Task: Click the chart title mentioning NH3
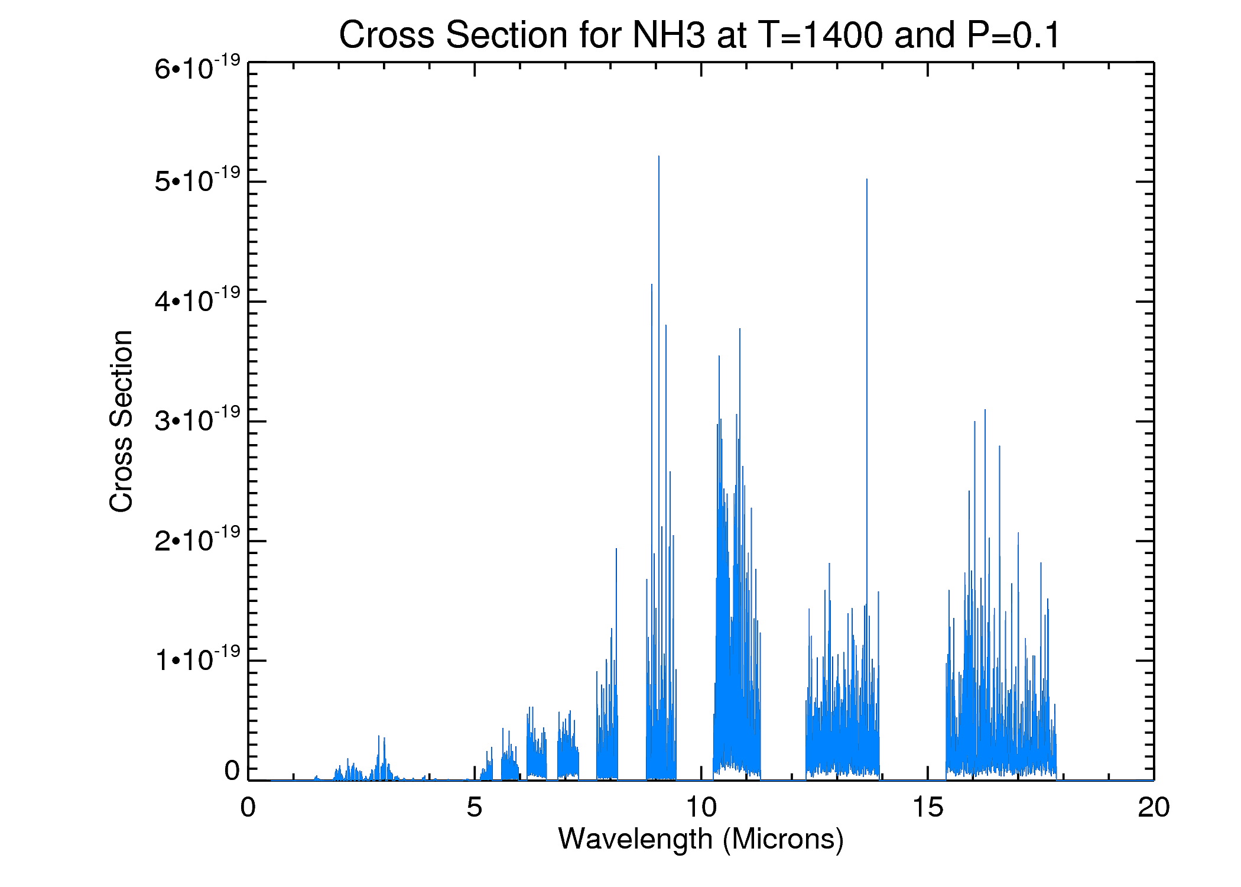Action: pyautogui.click(x=700, y=34)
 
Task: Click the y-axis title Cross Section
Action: pyautogui.click(x=121, y=421)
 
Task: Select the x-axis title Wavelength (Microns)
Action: pyautogui.click(x=701, y=839)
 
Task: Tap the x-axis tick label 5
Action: pyautogui.click(x=474, y=807)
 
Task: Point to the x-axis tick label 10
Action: pyautogui.click(x=701, y=807)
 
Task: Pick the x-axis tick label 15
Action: pyautogui.click(x=927, y=807)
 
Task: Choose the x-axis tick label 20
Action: pyautogui.click(x=1154, y=807)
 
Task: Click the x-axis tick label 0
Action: pyautogui.click(x=248, y=807)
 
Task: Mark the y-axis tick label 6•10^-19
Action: pyautogui.click(x=197, y=67)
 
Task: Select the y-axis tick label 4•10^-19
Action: pyautogui.click(x=197, y=300)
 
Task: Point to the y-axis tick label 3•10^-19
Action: pyautogui.click(x=197, y=420)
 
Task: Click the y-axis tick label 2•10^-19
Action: pyautogui.click(x=197, y=539)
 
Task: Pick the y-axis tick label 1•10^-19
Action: pyautogui.click(x=197, y=659)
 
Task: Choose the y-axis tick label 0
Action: pyautogui.click(x=232, y=771)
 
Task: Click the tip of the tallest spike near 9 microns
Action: pyautogui.click(x=659, y=157)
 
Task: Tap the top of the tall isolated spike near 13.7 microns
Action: pyautogui.click(x=867, y=179)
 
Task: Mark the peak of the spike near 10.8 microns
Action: pyautogui.click(x=739, y=329)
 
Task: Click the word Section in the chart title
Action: pyautogui.click(x=507, y=34)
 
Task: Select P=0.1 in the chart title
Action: pyautogui.click(x=1014, y=34)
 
